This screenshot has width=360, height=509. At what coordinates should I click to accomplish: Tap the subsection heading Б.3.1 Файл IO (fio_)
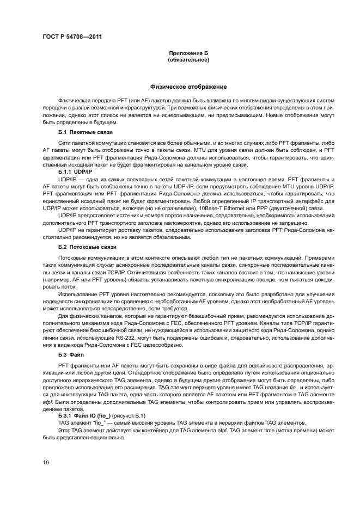(x=84, y=415)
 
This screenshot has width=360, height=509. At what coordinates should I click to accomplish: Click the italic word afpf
(x=48, y=402)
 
